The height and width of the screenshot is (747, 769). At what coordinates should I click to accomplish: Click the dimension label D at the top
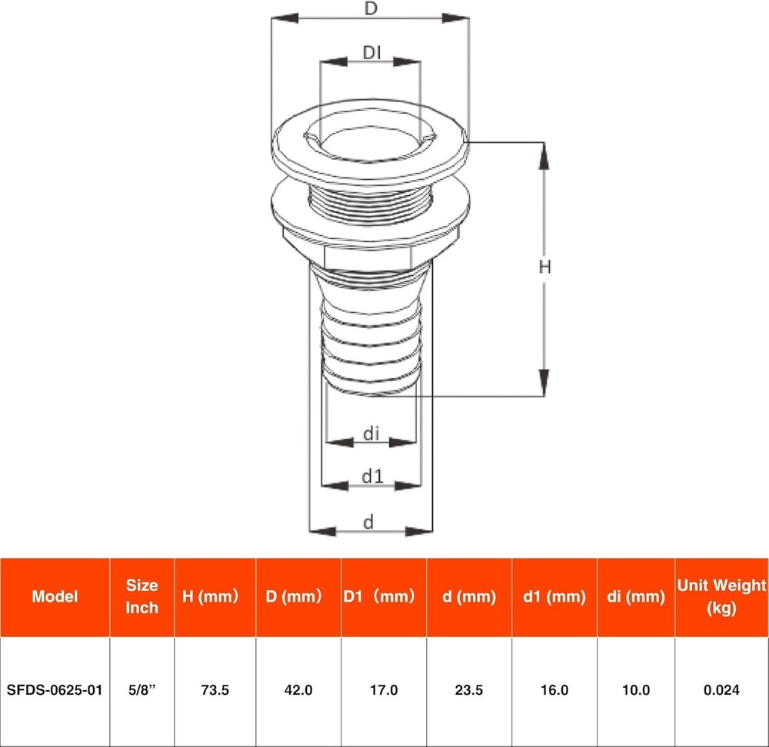click(371, 9)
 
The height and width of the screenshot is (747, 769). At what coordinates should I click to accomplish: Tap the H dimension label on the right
click(544, 267)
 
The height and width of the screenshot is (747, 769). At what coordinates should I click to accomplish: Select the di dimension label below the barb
click(371, 434)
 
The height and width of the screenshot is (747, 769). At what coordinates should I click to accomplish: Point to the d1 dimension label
click(372, 476)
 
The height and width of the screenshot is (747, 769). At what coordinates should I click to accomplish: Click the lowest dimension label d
click(368, 523)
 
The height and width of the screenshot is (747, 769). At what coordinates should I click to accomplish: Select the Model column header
click(55, 596)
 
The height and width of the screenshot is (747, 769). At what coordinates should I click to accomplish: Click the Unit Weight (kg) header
click(721, 596)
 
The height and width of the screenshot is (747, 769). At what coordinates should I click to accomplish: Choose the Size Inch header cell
click(141, 596)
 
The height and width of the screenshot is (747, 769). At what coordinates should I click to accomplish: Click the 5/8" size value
click(141, 690)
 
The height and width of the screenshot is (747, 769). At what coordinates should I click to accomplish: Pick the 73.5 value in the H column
click(215, 690)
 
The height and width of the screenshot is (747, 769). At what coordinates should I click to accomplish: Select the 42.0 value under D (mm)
click(298, 690)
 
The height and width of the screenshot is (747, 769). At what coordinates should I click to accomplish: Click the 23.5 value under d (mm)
click(468, 690)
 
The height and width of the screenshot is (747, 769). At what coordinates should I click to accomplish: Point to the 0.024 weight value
click(721, 690)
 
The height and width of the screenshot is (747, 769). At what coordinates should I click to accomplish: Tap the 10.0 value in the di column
click(635, 690)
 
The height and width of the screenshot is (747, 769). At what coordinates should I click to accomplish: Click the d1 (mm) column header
click(554, 596)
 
